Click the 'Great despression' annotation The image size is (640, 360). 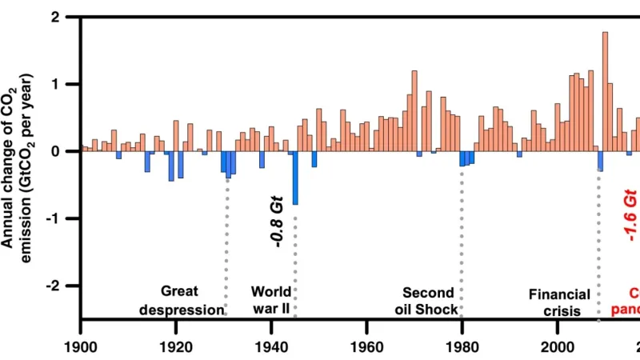pos(180,301)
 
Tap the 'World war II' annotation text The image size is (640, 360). pos(271,301)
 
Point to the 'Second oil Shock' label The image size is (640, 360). pos(429,301)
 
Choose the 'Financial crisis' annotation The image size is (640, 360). pos(559,303)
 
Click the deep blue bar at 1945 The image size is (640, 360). pos(295,178)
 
